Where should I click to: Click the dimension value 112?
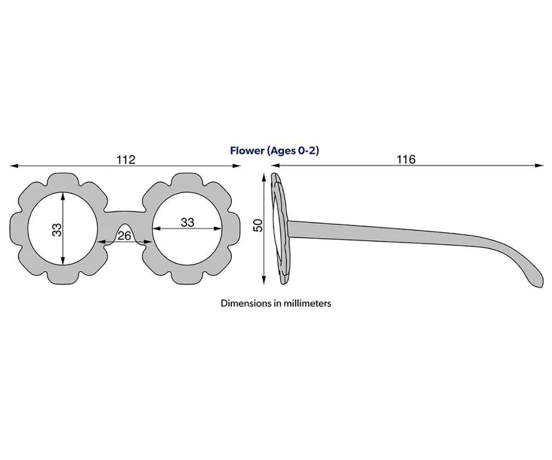126,160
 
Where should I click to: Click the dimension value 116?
406,160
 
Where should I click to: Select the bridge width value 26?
124,236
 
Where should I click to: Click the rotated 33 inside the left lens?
57,230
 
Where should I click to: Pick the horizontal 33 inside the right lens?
187,223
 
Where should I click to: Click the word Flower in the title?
247,151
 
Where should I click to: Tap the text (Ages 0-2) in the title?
293,151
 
